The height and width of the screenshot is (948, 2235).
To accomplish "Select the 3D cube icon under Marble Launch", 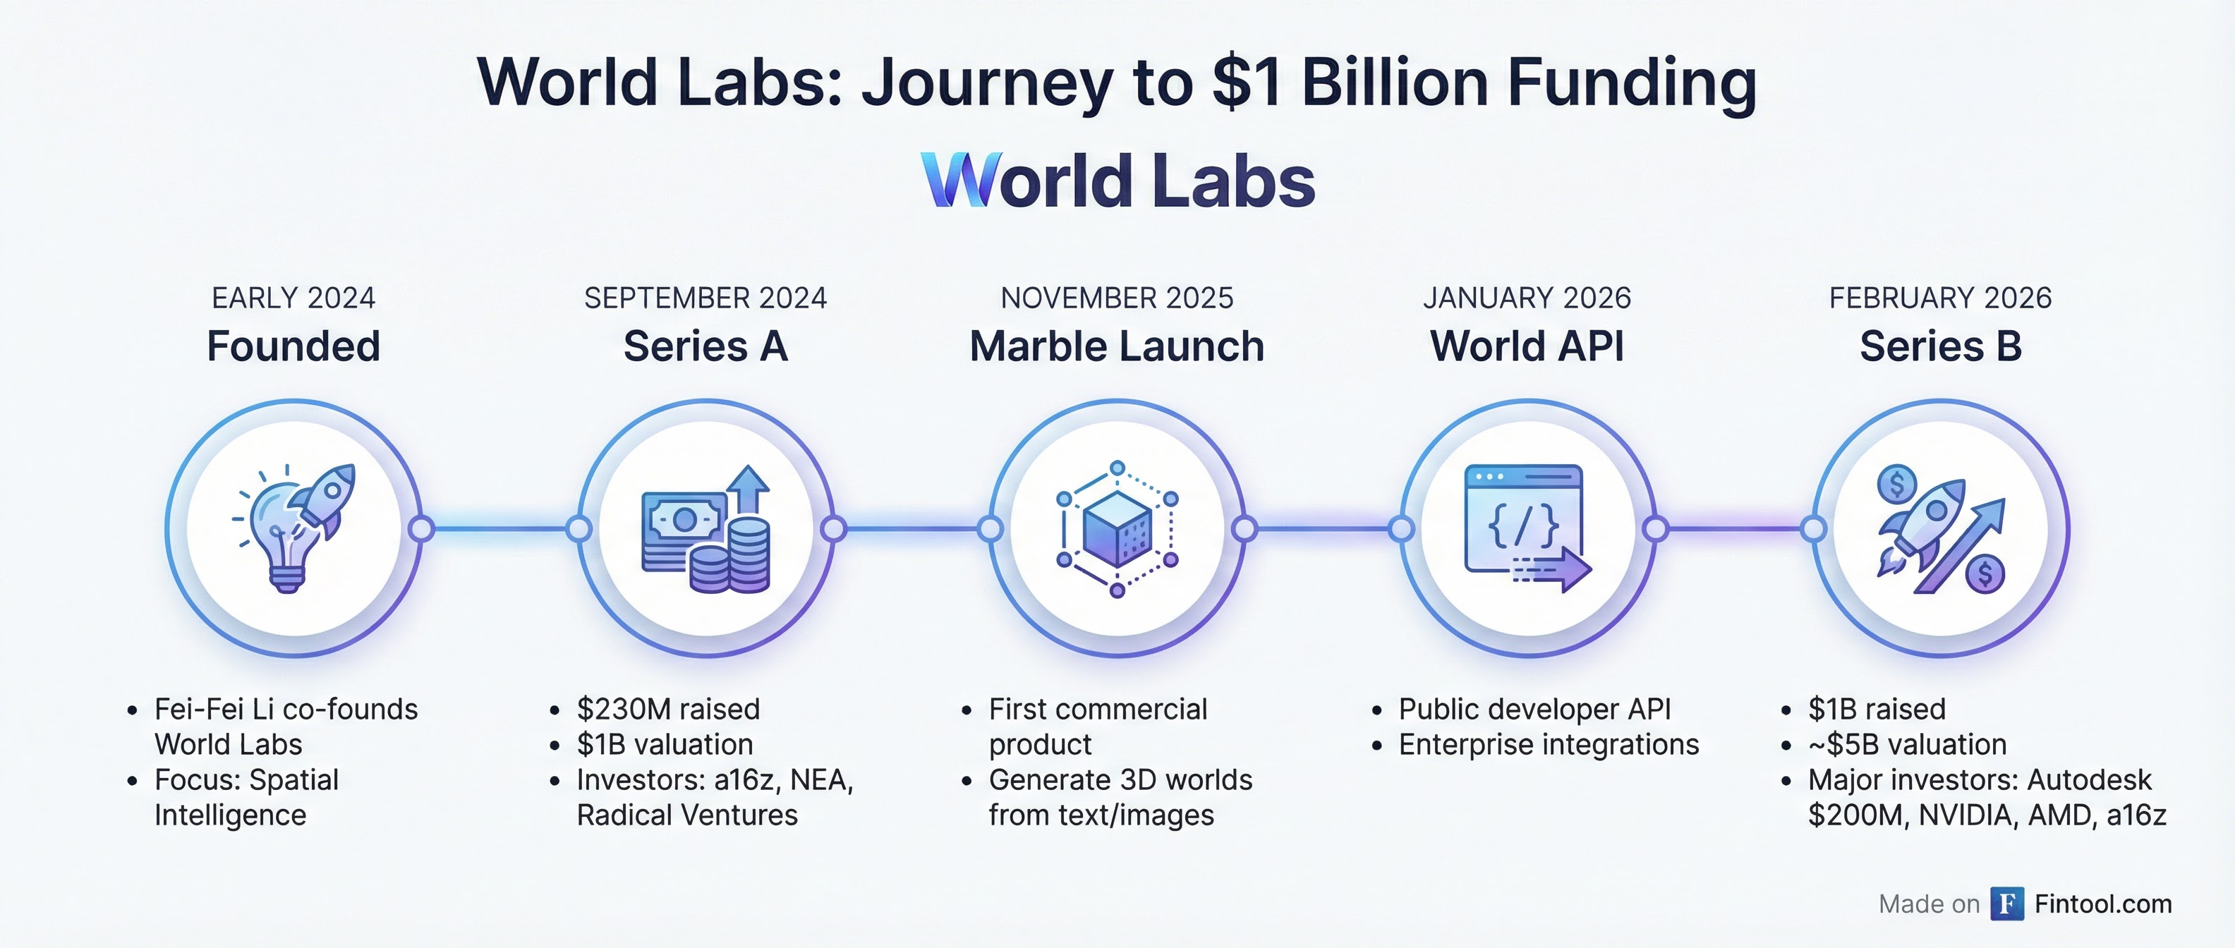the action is pos(1117,529).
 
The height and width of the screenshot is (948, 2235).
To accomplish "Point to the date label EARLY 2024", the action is pos(293,298).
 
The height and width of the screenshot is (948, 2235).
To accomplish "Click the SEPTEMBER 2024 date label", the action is pos(705,298).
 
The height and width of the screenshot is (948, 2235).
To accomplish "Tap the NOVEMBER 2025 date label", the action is pos(1117,298).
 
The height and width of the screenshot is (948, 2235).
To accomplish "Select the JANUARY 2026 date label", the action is pos(1527,298).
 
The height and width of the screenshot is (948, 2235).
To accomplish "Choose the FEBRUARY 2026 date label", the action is pos(1940,298).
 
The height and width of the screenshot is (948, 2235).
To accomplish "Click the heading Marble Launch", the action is pos(1117,346).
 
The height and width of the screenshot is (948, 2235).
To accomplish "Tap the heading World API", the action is pos(1527,346).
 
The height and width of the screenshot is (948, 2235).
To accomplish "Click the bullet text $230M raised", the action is pos(668,710).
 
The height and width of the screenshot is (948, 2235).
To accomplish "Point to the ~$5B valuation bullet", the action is pos(1907,745).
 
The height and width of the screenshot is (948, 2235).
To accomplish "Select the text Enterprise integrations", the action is pos(1549,745).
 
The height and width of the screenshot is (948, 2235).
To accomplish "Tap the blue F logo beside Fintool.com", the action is pos(2007,904).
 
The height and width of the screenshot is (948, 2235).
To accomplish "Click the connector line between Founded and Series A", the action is pos(499,528).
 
